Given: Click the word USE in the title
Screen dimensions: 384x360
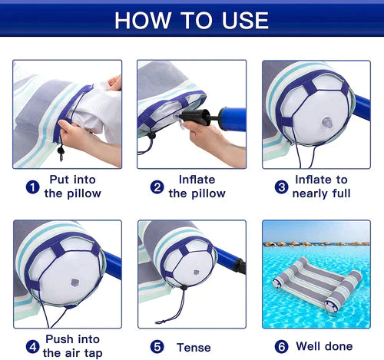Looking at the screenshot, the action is (x=245, y=21).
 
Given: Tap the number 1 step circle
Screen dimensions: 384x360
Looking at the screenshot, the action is (x=32, y=187).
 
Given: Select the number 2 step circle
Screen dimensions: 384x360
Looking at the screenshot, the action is (x=157, y=187).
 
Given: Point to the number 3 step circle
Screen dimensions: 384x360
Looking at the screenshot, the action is (x=281, y=187).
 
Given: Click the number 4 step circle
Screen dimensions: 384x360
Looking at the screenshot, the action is (x=32, y=347).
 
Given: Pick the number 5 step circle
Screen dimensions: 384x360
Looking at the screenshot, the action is (x=157, y=347).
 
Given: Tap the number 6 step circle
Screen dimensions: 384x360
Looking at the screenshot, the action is (x=281, y=347).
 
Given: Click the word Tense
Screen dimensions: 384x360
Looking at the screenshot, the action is (x=194, y=348).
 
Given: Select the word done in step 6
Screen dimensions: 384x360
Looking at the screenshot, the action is (x=339, y=346).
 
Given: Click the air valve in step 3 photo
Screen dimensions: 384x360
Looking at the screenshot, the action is (x=327, y=122).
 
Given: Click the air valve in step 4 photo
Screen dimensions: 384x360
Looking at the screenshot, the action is (x=74, y=282).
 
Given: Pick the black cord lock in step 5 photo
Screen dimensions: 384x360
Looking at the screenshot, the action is (x=184, y=288).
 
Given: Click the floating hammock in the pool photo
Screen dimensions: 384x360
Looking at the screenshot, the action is (x=317, y=285).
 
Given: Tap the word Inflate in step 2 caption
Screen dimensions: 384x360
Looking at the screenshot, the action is (x=197, y=180).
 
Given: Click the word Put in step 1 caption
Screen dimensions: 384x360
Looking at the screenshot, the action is (x=58, y=180).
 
